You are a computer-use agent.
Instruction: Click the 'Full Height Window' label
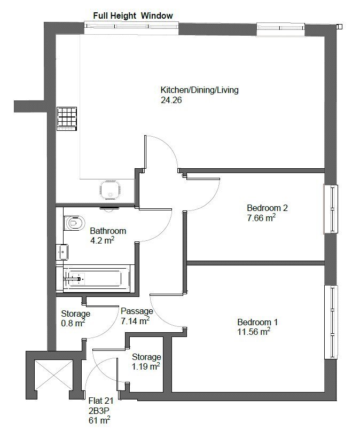click(133, 15)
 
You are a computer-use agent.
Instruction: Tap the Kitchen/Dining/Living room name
click(200, 90)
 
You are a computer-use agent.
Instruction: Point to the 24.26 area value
click(171, 100)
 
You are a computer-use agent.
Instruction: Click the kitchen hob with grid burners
click(67, 119)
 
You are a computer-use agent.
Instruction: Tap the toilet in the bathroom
click(74, 223)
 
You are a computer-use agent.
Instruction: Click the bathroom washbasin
click(62, 252)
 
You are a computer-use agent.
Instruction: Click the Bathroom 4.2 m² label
click(108, 236)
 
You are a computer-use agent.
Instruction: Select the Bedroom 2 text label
click(268, 208)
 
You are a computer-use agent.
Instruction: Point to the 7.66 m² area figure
click(261, 218)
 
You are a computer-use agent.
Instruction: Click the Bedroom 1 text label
click(257, 322)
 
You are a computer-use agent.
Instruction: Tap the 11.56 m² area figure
click(254, 332)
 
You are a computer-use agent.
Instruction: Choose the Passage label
click(137, 311)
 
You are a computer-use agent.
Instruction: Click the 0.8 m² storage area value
click(73, 323)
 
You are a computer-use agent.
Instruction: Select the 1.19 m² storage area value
click(146, 366)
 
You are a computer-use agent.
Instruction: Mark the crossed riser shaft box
click(53, 374)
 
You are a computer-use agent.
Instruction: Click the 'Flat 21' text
click(101, 401)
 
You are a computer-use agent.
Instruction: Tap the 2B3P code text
click(99, 411)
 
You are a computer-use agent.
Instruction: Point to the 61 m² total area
click(99, 420)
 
